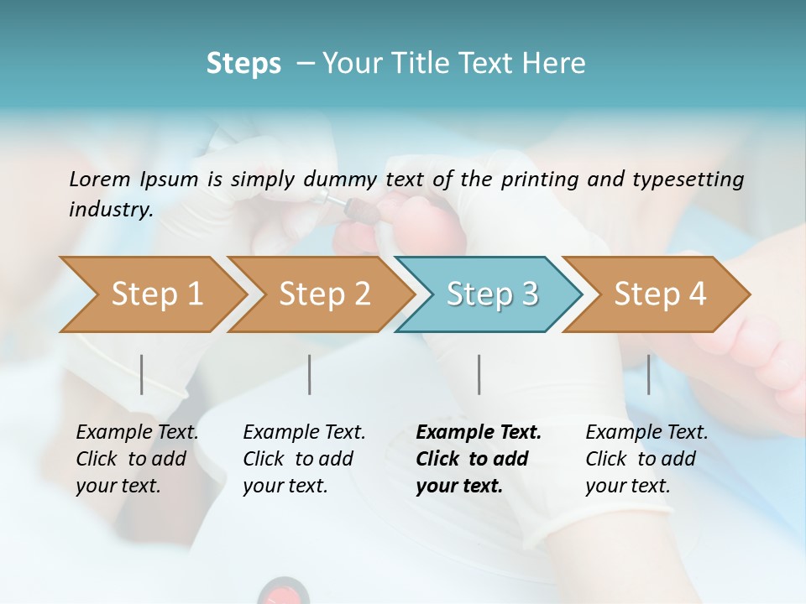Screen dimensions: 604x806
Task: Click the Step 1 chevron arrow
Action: pyautogui.click(x=155, y=294)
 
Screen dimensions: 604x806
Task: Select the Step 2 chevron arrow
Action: pyautogui.click(x=323, y=294)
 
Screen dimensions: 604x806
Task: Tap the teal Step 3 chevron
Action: pyautogui.click(x=491, y=294)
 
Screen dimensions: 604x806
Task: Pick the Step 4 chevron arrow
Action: pyautogui.click(x=659, y=294)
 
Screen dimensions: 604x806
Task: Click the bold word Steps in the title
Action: pyautogui.click(x=243, y=64)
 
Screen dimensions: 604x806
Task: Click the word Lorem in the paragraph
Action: pyautogui.click(x=100, y=179)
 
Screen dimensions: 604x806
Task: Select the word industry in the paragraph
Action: pyautogui.click(x=110, y=210)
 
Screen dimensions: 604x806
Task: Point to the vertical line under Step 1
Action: pyautogui.click(x=142, y=374)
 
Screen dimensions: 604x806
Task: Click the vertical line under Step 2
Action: pyautogui.click(x=310, y=374)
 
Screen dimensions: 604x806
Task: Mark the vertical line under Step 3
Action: pyautogui.click(x=479, y=374)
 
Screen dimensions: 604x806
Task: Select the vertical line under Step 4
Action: pyautogui.click(x=648, y=374)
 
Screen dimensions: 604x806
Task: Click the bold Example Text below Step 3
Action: pyautogui.click(x=479, y=433)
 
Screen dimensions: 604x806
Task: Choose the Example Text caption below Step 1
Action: pyautogui.click(x=137, y=433)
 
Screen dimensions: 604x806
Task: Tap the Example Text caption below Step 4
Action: pyautogui.click(x=646, y=433)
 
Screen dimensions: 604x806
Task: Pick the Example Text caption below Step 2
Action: pyautogui.click(x=304, y=433)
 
